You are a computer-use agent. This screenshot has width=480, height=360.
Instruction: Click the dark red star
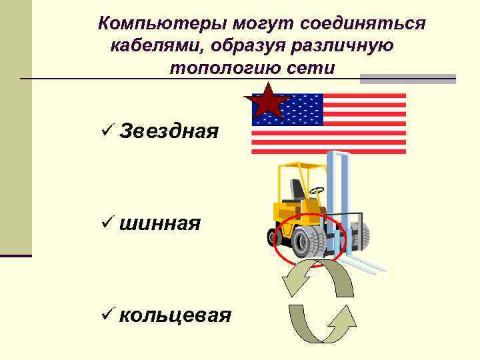(x=267, y=101)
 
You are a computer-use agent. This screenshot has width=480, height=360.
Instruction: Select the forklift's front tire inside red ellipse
(x=309, y=241)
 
